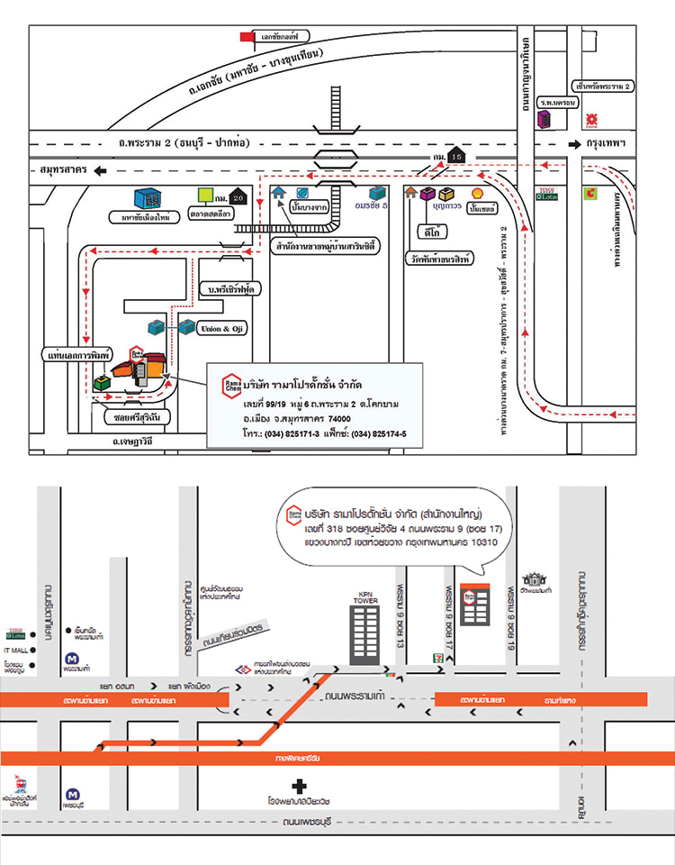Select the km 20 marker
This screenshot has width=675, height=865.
[x=236, y=196]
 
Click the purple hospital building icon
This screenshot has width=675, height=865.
[x=544, y=118]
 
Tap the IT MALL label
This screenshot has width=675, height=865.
[x=16, y=650]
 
